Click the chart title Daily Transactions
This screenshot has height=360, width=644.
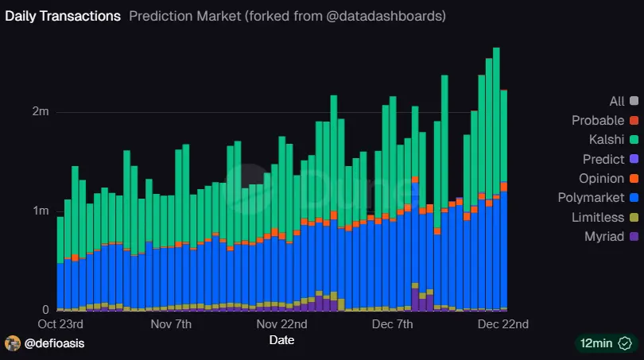click(63, 16)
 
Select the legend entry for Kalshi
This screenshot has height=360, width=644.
click(605, 140)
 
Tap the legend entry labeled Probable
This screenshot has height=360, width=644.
click(598, 121)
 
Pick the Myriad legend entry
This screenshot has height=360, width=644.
click(605, 236)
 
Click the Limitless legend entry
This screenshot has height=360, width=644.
click(598, 217)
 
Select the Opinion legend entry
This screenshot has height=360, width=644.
click(601, 178)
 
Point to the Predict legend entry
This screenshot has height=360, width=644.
click(603, 159)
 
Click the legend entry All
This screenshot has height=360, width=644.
click(616, 101)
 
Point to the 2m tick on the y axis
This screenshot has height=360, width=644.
click(41, 112)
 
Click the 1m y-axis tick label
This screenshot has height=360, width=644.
click(41, 211)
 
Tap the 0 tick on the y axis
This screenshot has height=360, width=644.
click(45, 310)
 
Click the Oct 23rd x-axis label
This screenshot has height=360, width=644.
click(60, 324)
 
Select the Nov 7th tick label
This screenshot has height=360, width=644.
click(171, 324)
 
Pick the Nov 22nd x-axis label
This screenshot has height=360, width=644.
click(282, 324)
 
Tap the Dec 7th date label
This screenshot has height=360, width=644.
click(394, 324)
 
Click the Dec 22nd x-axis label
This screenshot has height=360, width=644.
click(502, 324)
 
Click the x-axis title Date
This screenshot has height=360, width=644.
click(281, 340)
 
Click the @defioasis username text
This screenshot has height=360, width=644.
click(54, 343)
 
